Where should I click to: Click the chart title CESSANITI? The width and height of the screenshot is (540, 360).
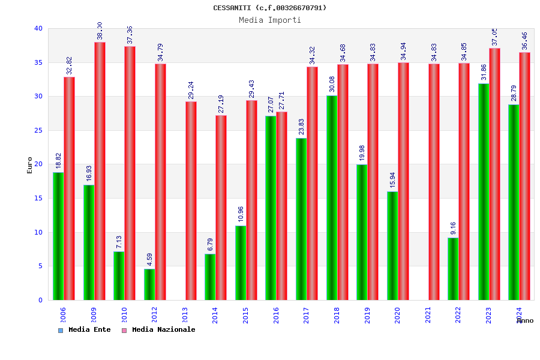click(270, 8)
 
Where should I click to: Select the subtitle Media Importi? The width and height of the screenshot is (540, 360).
click(270, 20)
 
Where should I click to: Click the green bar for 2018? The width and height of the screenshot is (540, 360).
click(332, 197)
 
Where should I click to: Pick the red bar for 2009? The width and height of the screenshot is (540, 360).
click(100, 171)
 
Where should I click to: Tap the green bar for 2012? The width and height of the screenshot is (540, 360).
click(149, 284)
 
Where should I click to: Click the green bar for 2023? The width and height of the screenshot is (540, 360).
click(484, 191)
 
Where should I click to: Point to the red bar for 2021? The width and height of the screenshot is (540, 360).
click(434, 182)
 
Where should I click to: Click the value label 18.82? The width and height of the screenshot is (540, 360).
click(59, 161)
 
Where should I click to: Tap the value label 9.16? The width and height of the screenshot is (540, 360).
click(453, 229)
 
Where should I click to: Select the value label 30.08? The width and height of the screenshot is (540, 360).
click(332, 85)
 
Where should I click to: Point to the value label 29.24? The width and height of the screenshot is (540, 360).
click(191, 91)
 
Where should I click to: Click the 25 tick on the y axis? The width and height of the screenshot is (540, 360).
click(38, 130)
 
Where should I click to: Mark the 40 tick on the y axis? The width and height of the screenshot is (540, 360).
click(38, 28)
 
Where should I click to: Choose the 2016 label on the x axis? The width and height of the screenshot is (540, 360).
click(277, 316)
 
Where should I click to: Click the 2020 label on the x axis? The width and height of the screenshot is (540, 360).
click(398, 316)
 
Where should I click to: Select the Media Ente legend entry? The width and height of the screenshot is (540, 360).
click(85, 329)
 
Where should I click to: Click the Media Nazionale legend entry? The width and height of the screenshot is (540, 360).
click(159, 329)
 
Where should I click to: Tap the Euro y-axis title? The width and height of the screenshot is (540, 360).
click(30, 165)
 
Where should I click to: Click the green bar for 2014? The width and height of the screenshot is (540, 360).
click(210, 277)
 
